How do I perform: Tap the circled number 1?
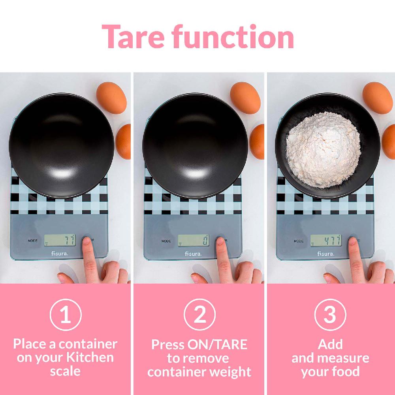66,314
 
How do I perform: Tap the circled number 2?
199,314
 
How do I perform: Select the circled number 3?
330,314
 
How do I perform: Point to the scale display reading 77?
60,240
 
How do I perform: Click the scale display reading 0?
193,240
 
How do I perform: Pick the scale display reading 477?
325,240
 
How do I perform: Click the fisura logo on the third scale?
325,254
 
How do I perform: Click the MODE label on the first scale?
33,241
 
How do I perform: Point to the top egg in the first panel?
111,98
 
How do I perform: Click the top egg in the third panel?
377,98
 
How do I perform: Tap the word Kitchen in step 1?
89,358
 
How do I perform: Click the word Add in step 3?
330,344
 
